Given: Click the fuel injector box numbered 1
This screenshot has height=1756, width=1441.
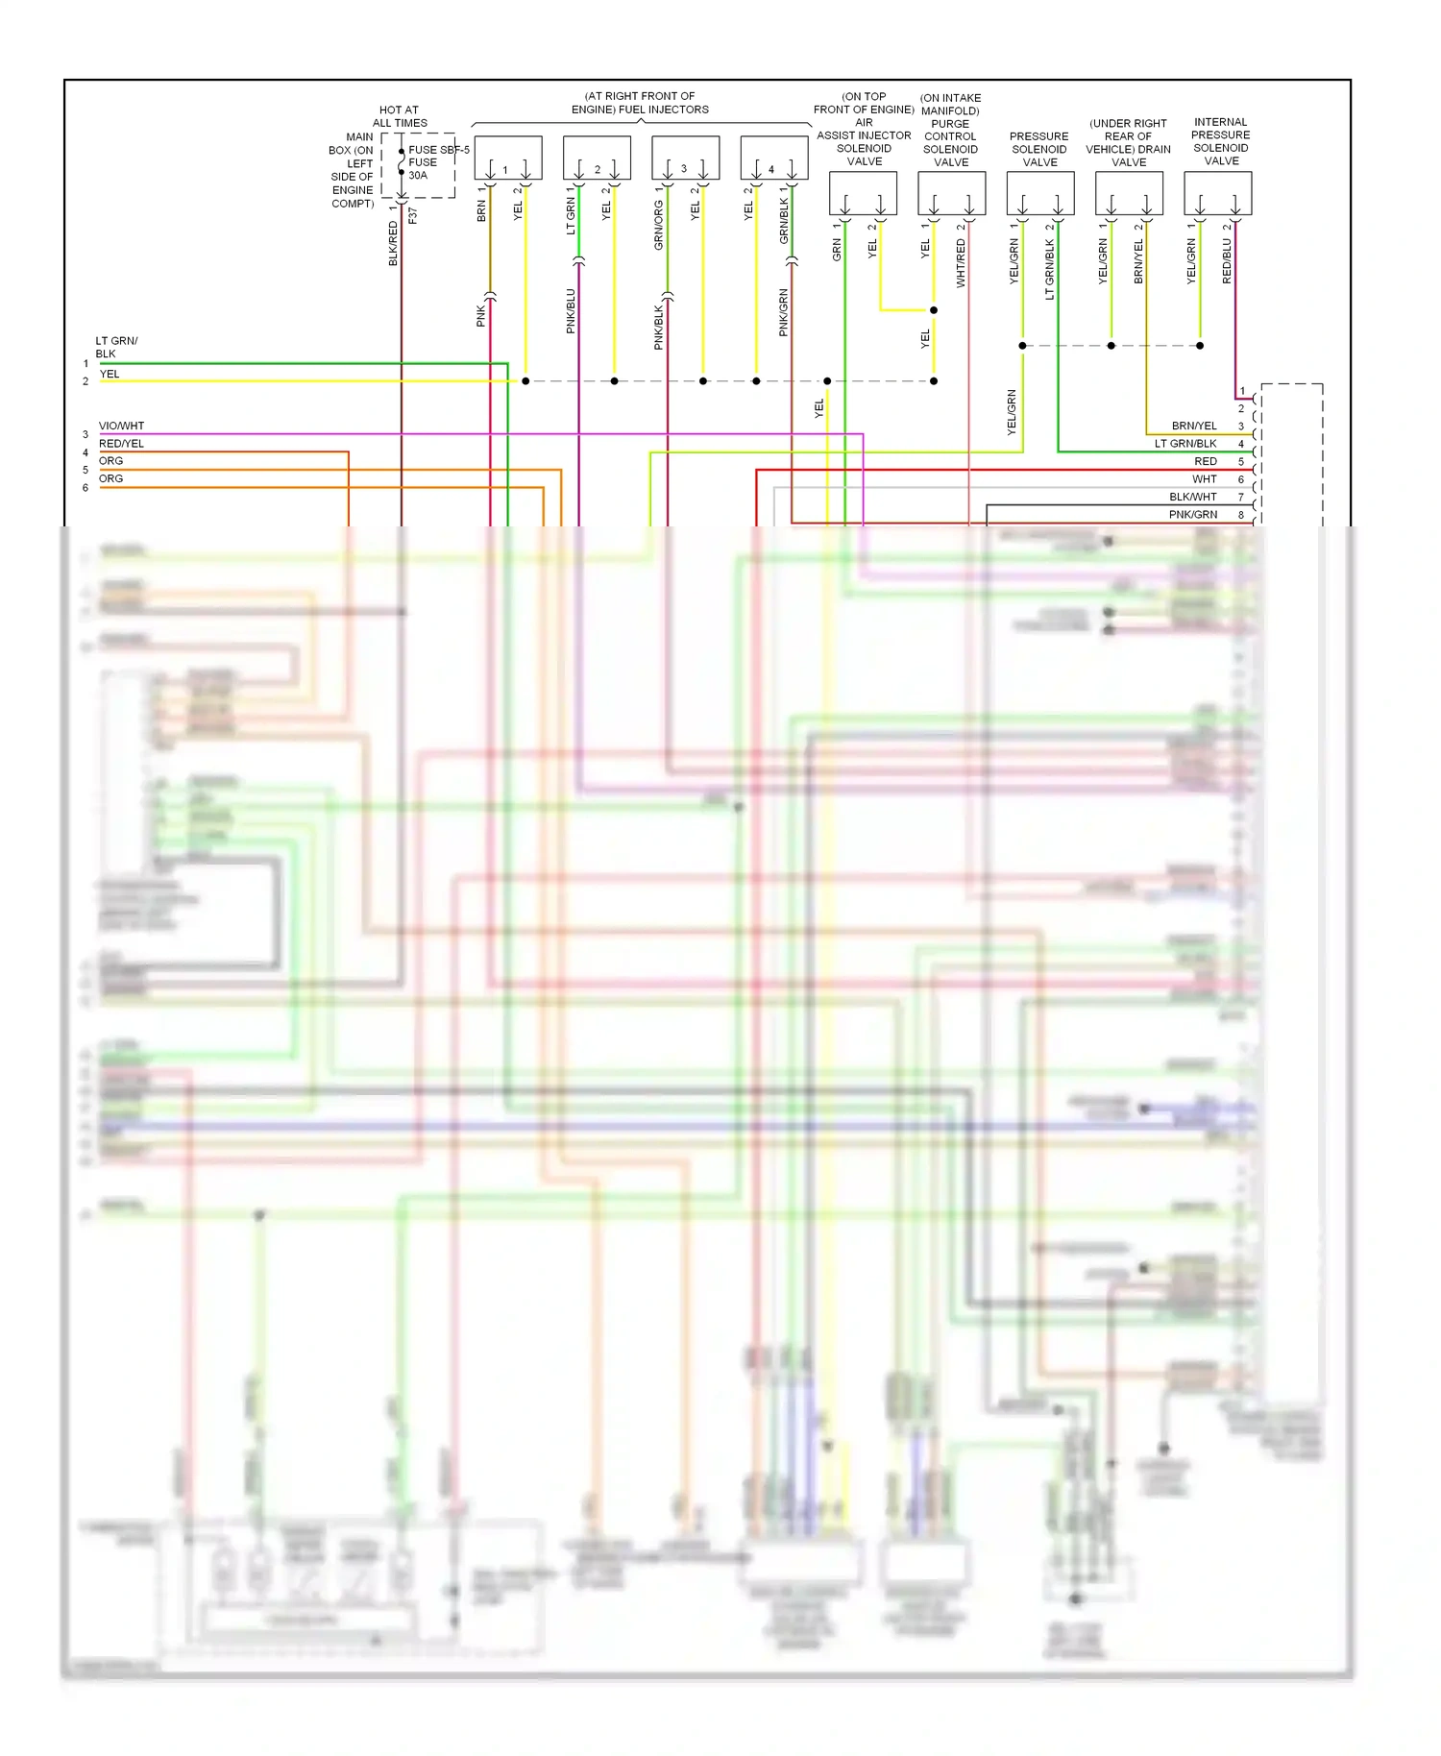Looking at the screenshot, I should (507, 158).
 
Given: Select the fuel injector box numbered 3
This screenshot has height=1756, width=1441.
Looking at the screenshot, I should (685, 158).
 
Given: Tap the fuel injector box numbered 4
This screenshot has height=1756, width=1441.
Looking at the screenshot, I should (773, 158).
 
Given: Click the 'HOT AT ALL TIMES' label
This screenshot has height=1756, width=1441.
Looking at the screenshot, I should (400, 116).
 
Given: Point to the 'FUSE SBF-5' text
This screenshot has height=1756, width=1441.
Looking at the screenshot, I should (439, 150).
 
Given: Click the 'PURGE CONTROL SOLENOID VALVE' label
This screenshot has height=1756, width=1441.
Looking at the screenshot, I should (950, 143).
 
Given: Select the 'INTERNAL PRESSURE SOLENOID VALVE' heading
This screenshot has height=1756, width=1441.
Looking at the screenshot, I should (1220, 141).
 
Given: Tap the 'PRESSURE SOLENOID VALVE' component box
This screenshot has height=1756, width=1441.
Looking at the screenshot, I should (1039, 193).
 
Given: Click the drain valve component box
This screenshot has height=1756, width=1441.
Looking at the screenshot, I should (1129, 193).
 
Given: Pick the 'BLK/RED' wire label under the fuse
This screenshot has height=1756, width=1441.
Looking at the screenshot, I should (393, 243).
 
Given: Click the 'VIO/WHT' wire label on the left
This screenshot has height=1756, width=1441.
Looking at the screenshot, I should (121, 426).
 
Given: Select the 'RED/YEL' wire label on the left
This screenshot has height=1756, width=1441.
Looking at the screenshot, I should (121, 444).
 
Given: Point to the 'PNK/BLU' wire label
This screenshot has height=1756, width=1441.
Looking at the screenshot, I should (571, 311).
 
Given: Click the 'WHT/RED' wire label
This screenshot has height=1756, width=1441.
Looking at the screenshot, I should (961, 263).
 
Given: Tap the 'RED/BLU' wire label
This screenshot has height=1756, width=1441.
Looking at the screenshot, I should (1227, 260).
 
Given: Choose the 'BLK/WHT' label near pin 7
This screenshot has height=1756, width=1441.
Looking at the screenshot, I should (1192, 497).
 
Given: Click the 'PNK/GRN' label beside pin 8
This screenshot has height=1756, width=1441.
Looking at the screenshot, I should (1192, 515).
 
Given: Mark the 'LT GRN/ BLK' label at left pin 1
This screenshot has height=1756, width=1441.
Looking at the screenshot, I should (116, 347).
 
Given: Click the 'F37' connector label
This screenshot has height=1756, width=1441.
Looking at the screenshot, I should (413, 216).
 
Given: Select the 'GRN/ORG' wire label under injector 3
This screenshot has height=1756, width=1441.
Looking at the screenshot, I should (659, 225).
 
